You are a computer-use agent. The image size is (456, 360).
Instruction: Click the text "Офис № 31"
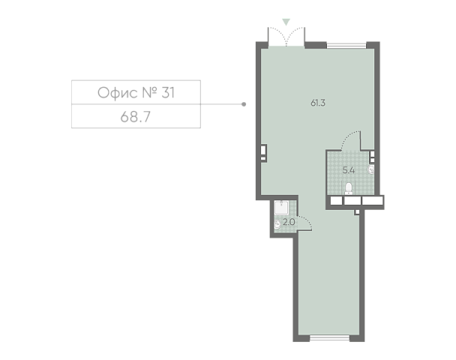(x=136, y=93)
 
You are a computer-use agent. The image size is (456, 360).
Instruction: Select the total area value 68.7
(x=136, y=117)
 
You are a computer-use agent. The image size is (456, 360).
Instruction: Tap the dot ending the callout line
(x=244, y=104)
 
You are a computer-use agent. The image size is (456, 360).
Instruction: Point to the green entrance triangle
(x=286, y=22)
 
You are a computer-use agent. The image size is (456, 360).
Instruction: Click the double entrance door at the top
(x=286, y=37)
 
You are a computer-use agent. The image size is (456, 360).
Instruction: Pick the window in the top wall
(x=346, y=45)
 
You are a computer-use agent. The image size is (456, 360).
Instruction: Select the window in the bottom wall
(x=329, y=338)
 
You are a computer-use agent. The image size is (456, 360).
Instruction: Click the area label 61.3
(x=318, y=103)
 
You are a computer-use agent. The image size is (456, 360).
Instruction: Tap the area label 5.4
(x=349, y=170)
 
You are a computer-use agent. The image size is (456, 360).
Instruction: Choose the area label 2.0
(x=289, y=222)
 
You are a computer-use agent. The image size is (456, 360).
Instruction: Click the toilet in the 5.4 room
(x=349, y=188)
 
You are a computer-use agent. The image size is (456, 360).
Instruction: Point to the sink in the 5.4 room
(x=370, y=169)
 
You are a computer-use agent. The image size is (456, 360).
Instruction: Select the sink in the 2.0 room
(x=277, y=224)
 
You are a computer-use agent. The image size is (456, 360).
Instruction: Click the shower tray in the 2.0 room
(x=281, y=208)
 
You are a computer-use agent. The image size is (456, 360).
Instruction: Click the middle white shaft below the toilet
(x=352, y=201)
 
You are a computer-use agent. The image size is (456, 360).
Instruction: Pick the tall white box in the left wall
(x=263, y=150)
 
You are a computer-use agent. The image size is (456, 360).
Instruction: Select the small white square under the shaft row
(x=357, y=212)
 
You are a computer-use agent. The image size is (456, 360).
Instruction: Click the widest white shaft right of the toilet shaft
(x=372, y=201)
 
